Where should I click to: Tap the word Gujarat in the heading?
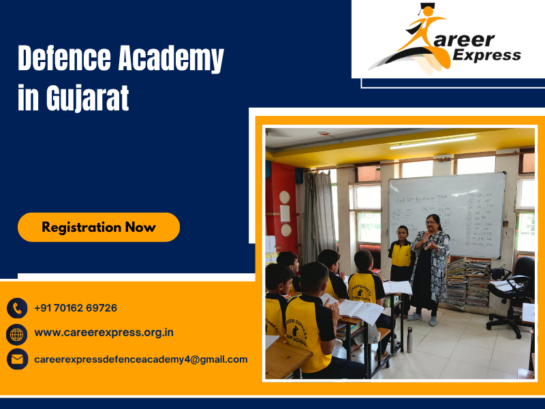[x=87, y=99]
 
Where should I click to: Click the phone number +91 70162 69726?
[x=75, y=308]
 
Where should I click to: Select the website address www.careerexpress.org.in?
[x=104, y=333]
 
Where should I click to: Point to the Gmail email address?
[x=140, y=359]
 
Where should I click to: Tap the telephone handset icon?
[x=17, y=308]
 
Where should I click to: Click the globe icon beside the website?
[x=17, y=334]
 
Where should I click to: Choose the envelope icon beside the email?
[x=17, y=359]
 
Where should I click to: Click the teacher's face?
[x=433, y=222]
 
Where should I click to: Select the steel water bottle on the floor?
[x=409, y=339]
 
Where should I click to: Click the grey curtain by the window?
[x=319, y=211]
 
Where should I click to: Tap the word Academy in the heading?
[x=170, y=60]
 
